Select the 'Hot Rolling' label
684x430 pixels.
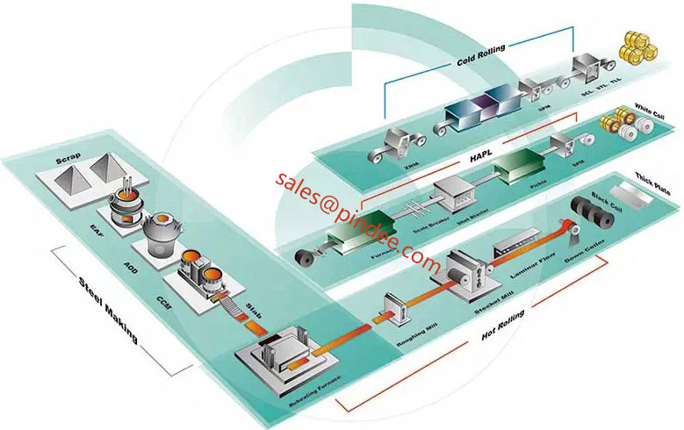[x=503, y=327]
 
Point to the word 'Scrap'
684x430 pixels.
[x=69, y=160]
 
